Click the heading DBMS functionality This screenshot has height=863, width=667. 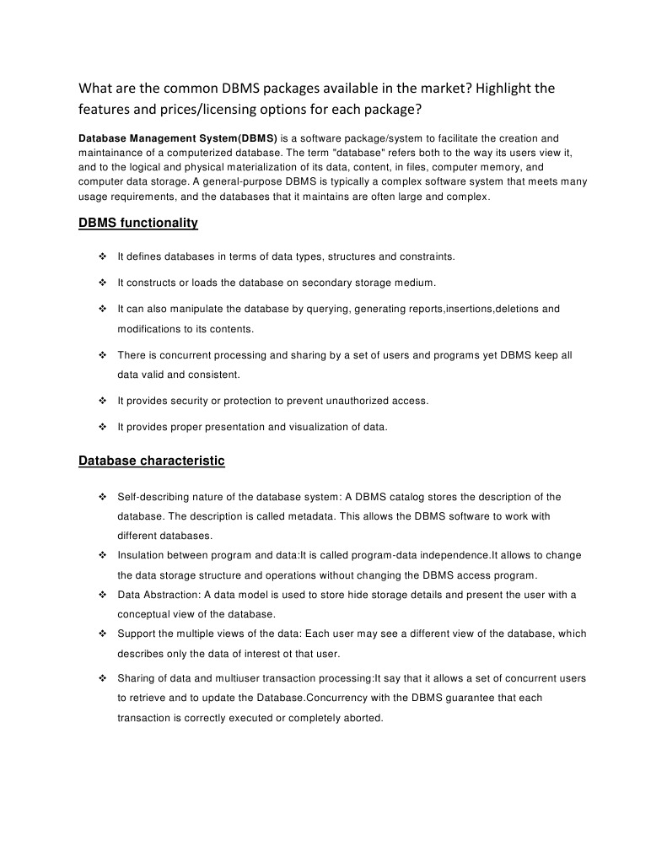pos(138,223)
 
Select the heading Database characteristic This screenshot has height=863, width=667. pos(151,461)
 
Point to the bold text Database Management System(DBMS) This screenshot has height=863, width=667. pos(177,138)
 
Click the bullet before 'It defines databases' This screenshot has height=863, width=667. pos(101,256)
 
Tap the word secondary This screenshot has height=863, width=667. pos(333,282)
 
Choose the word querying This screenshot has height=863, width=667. pos(325,309)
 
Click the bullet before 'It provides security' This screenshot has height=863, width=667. pos(101,401)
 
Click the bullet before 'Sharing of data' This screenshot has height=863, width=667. pos(101,678)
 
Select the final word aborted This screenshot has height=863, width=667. pos(363,718)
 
